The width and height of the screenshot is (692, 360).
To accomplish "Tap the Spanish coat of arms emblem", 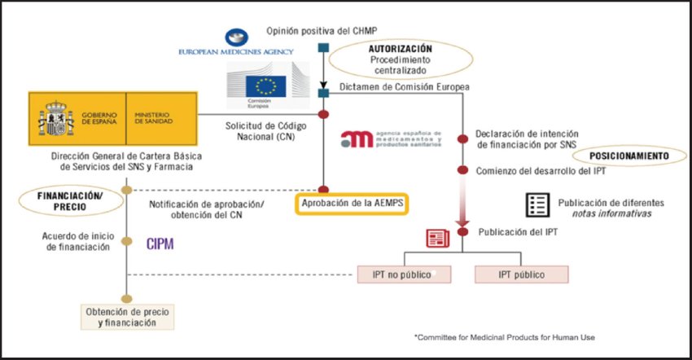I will (x=55, y=119).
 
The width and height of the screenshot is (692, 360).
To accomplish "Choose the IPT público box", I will (x=521, y=274).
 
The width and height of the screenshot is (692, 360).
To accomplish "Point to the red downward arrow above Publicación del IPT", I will (x=463, y=212).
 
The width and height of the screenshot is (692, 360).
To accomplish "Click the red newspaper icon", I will (x=438, y=238).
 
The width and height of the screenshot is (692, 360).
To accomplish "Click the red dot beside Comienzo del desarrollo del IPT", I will (x=463, y=171).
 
